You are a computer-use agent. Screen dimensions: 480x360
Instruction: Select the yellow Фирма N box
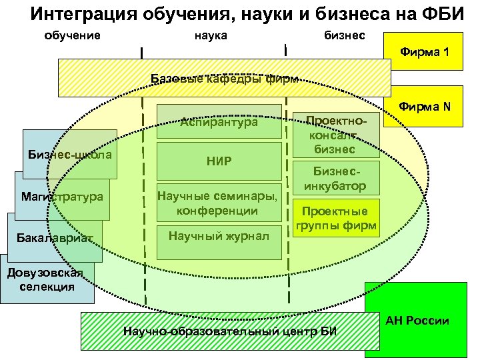click(427, 107)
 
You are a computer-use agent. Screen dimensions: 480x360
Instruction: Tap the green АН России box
click(417, 321)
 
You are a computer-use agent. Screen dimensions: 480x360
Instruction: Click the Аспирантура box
click(219, 123)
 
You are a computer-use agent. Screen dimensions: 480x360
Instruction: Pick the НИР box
click(219, 161)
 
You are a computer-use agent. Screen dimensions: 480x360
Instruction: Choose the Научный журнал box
click(219, 236)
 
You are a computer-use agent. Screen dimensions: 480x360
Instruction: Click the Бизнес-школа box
click(69, 155)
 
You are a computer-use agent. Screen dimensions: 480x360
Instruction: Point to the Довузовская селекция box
click(43, 279)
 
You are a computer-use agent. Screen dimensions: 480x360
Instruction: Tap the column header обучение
click(72, 34)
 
